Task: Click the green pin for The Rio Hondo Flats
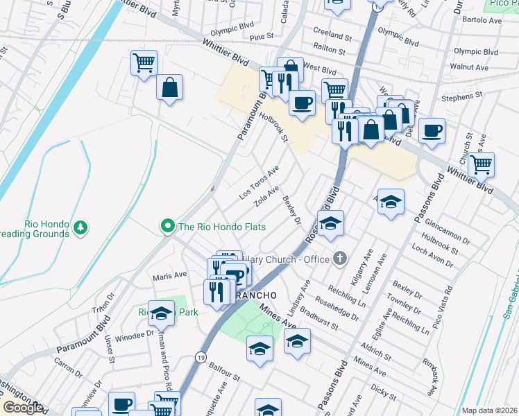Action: [167, 226]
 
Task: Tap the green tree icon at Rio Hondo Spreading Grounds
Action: [81, 227]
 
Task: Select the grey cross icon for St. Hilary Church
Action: [339, 259]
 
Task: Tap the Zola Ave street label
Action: [267, 196]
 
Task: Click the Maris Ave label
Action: [170, 275]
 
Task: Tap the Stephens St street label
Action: [457, 98]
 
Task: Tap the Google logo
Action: [22, 408]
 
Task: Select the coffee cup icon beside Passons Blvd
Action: [432, 130]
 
